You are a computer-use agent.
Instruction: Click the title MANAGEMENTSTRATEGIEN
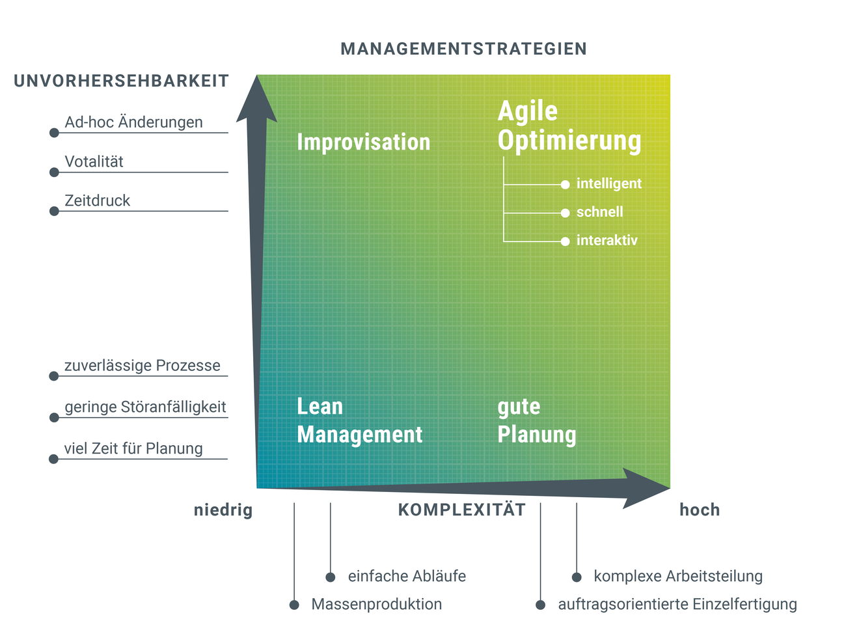pyautogui.click(x=463, y=49)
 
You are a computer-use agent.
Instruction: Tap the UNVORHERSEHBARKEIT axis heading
pyautogui.click(x=121, y=81)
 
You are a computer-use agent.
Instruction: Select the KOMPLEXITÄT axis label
pyautogui.click(x=461, y=510)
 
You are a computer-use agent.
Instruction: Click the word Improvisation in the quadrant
pyautogui.click(x=363, y=142)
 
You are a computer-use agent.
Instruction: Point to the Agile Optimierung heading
pyautogui.click(x=569, y=126)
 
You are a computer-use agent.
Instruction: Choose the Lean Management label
pyautogui.click(x=359, y=420)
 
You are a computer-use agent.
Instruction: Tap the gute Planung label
pyautogui.click(x=536, y=420)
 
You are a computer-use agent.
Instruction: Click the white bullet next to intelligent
pyautogui.click(x=565, y=185)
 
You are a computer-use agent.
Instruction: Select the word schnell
pyautogui.click(x=599, y=212)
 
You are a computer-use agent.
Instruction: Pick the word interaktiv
pyautogui.click(x=607, y=241)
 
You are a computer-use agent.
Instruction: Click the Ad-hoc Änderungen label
pyautogui.click(x=133, y=122)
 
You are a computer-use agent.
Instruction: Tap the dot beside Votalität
pyautogui.click(x=54, y=172)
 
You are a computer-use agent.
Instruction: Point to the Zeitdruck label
pyautogui.click(x=97, y=200)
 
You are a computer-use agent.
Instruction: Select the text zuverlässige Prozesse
pyautogui.click(x=142, y=366)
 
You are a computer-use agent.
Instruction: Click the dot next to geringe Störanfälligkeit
pyautogui.click(x=54, y=418)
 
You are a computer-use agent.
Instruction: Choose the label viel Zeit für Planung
pyautogui.click(x=133, y=448)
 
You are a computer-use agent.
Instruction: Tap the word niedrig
pyautogui.click(x=223, y=510)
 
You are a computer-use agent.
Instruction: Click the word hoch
pyautogui.click(x=699, y=510)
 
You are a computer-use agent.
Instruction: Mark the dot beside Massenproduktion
pyautogui.click(x=294, y=605)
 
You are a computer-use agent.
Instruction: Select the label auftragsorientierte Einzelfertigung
pyautogui.click(x=677, y=605)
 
